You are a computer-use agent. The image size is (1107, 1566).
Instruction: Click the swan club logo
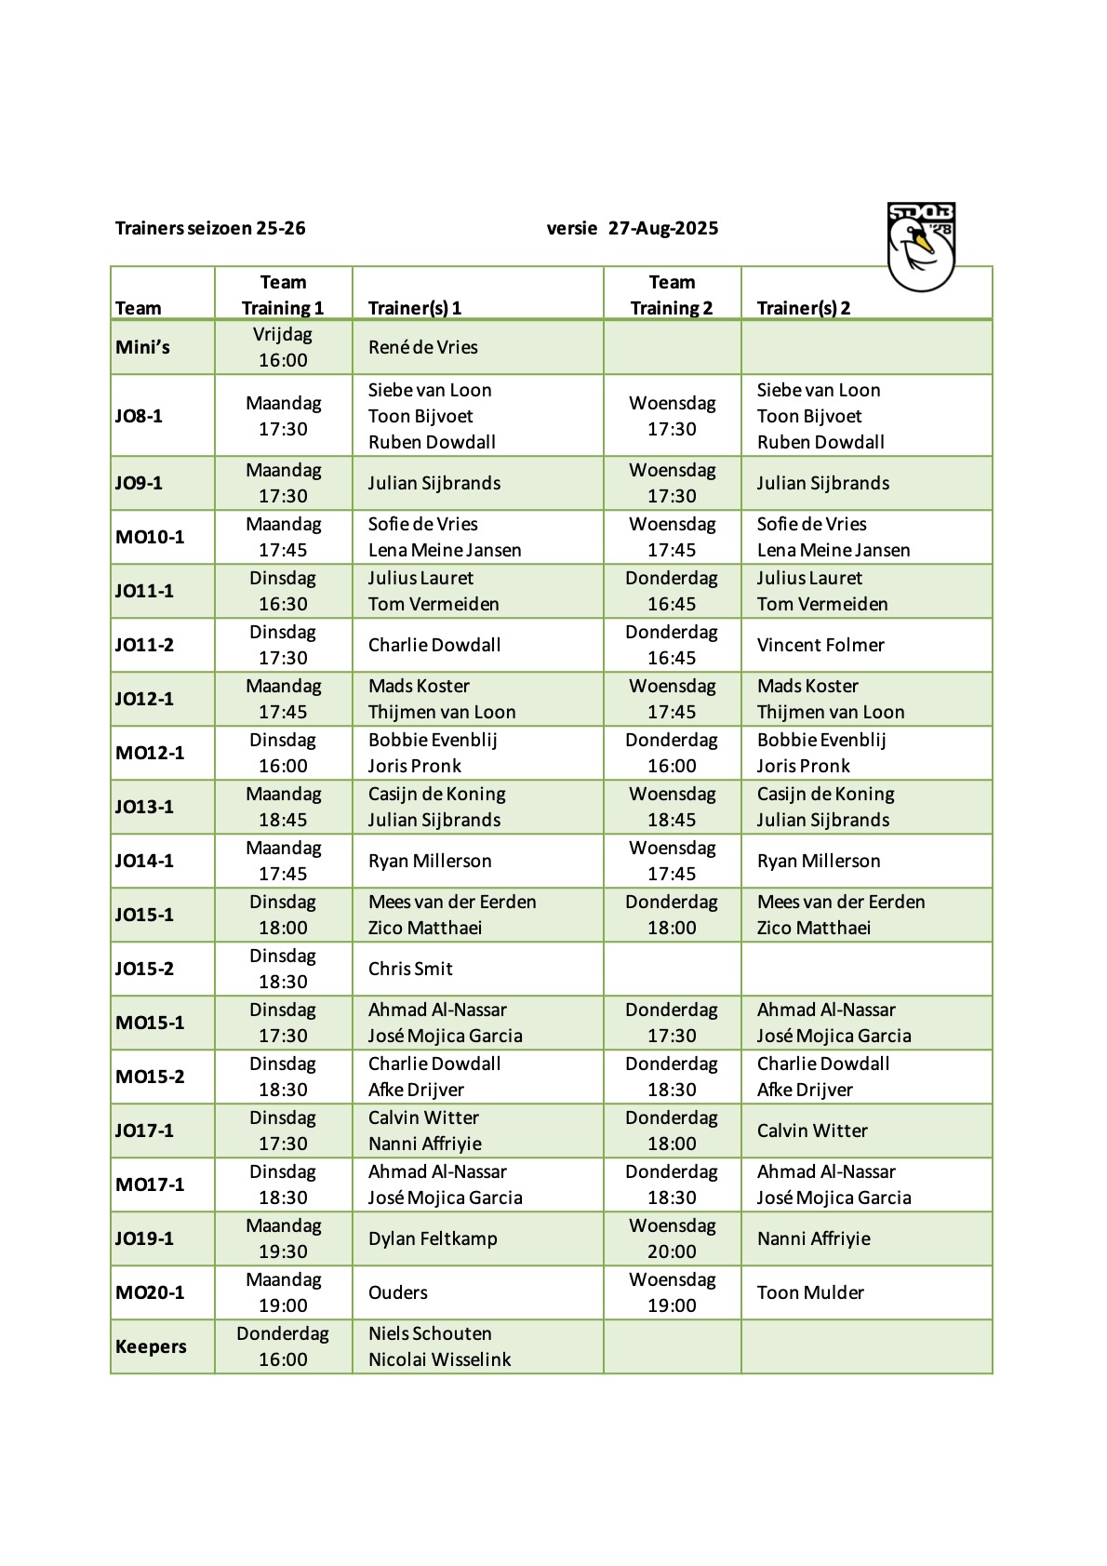pyautogui.click(x=921, y=247)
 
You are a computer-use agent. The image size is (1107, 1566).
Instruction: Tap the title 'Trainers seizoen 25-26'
pyautogui.click(x=210, y=228)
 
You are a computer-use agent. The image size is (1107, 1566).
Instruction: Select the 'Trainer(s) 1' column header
pyautogui.click(x=415, y=308)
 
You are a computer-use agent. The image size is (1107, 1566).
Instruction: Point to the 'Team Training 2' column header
pyautogui.click(x=672, y=295)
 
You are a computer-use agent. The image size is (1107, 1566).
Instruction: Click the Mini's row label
pyautogui.click(x=142, y=347)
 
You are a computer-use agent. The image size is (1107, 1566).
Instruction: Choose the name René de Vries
pyautogui.click(x=422, y=347)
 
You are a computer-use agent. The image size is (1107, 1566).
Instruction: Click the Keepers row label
pyautogui.click(x=151, y=1346)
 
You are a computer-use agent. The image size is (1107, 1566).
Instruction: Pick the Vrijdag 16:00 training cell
pyautogui.click(x=283, y=347)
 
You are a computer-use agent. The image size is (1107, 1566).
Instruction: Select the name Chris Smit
pyautogui.click(x=410, y=969)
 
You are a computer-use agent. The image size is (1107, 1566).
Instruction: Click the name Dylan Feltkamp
pyautogui.click(x=433, y=1238)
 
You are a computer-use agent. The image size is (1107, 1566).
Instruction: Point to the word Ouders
pyautogui.click(x=398, y=1292)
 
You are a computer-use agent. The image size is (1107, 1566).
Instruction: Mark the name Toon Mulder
pyautogui.click(x=810, y=1292)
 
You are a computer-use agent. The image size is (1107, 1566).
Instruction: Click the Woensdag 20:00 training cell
pyautogui.click(x=672, y=1238)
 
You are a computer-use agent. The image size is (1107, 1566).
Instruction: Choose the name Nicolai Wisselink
pyautogui.click(x=439, y=1359)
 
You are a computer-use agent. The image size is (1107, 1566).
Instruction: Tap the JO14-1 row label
pyautogui.click(x=144, y=861)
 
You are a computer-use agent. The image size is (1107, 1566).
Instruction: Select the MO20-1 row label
pyautogui.click(x=150, y=1292)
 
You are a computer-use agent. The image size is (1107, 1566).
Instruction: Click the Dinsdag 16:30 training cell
pyautogui.click(x=283, y=591)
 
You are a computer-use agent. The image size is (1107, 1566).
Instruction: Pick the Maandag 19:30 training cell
pyautogui.click(x=283, y=1238)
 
